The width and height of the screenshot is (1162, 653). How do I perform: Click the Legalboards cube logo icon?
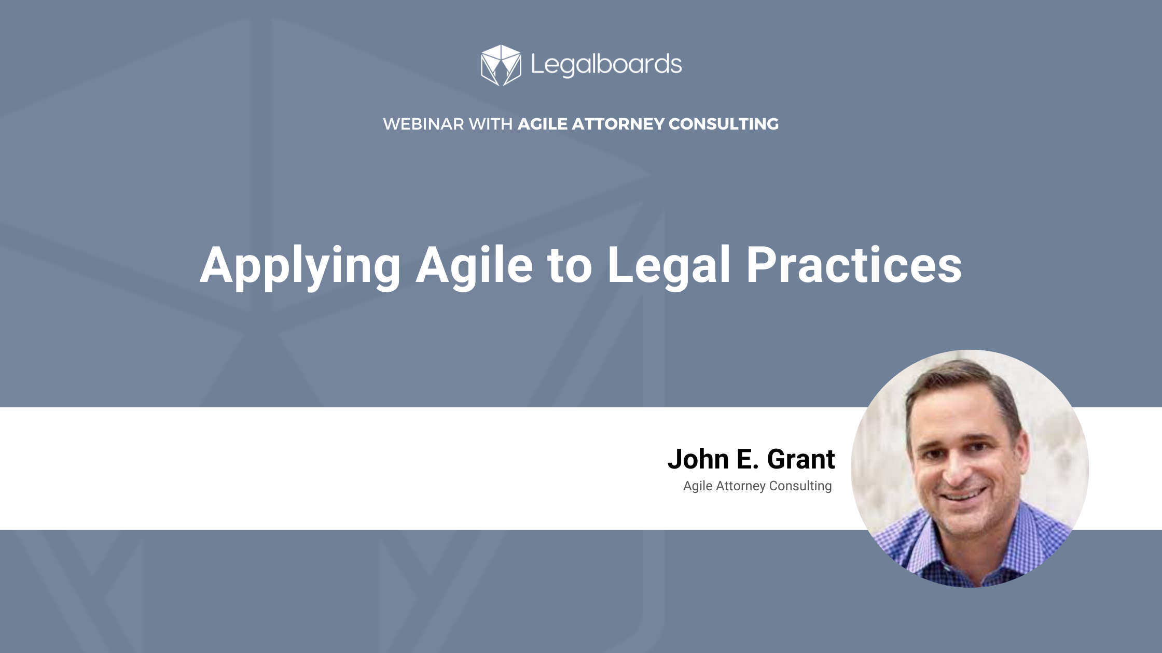point(501,65)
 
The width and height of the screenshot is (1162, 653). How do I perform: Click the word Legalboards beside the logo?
point(606,65)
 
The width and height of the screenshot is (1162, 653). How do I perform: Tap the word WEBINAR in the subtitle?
point(423,124)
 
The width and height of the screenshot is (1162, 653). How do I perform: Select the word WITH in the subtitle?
point(490,124)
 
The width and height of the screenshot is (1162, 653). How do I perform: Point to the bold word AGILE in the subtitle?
point(543,124)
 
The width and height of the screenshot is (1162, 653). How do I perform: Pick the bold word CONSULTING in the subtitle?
point(724,124)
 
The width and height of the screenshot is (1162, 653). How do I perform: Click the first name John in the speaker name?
point(698,459)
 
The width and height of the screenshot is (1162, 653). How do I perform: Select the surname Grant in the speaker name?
point(801,459)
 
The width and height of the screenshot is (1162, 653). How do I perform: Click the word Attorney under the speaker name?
point(741,486)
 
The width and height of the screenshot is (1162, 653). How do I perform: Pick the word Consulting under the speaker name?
point(800,486)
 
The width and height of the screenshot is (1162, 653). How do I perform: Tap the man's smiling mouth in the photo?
point(963,495)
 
